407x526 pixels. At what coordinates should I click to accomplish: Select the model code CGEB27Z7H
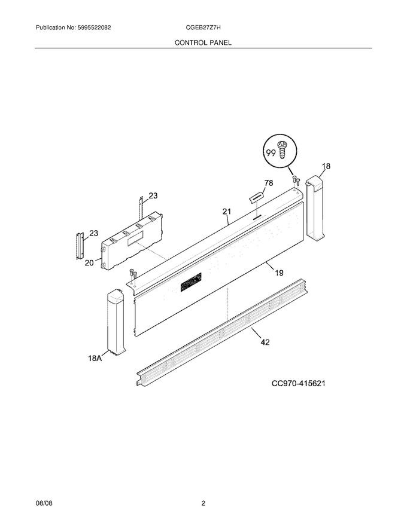coord(203,28)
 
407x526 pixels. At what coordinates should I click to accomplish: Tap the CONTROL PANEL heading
coord(203,42)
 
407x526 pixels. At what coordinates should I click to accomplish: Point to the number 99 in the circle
coord(271,153)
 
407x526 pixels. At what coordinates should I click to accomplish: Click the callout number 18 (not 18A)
coord(326,166)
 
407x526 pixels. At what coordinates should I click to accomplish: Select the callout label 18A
coord(95,359)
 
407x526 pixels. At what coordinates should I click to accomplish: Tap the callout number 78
coord(269,183)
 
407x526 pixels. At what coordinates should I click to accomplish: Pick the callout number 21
coord(227,212)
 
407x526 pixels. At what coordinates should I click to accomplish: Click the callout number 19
coord(279,273)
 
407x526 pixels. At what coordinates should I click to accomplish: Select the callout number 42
coord(265,342)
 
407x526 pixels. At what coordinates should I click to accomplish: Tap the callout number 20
coord(89,263)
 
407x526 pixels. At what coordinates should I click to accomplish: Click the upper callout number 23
coord(153,195)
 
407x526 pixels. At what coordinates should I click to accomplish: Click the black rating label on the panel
coord(191,282)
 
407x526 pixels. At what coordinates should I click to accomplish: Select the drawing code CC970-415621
coord(298,383)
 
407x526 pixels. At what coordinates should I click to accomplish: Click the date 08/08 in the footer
coord(44,503)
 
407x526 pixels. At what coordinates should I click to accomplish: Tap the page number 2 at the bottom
coord(203,503)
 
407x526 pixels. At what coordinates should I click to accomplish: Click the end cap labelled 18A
coord(116,322)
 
